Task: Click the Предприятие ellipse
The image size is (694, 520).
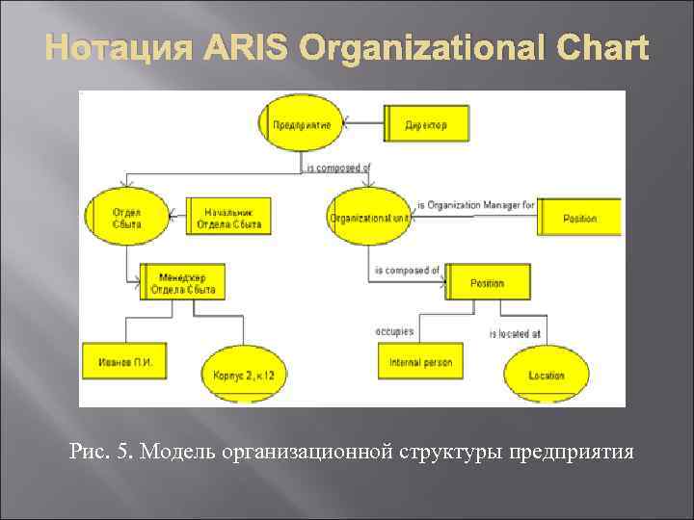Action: pos(301,125)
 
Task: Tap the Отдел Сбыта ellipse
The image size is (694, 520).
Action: pos(126,218)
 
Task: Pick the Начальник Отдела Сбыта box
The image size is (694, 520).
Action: pos(227,218)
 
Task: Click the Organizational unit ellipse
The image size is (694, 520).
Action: pos(369,218)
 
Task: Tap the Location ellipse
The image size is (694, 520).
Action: pos(546,375)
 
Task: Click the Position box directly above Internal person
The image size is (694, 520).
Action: pos(487,283)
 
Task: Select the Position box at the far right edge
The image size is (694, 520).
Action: pos(580,219)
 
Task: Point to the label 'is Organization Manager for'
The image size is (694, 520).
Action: pos(475,205)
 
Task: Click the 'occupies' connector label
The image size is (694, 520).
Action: pos(394,331)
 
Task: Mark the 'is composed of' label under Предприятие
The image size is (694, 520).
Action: pos(337,168)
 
